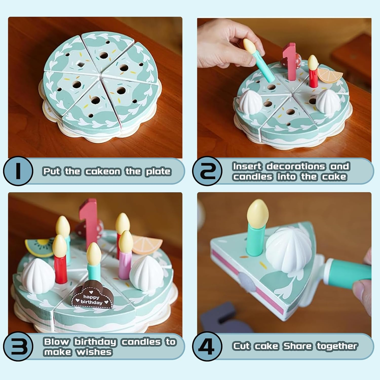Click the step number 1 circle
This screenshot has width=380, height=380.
point(18,171)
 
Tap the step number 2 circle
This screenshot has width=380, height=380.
point(207,171)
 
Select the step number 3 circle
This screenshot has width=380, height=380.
point(18,346)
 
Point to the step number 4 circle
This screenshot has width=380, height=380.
point(207,346)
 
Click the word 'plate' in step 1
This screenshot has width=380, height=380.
point(158,172)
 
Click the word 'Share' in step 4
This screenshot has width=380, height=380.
point(297,346)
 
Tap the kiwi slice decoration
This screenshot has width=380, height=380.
point(39,247)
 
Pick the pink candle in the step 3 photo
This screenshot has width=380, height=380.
point(125,264)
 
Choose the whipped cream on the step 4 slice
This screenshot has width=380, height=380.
point(288,250)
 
